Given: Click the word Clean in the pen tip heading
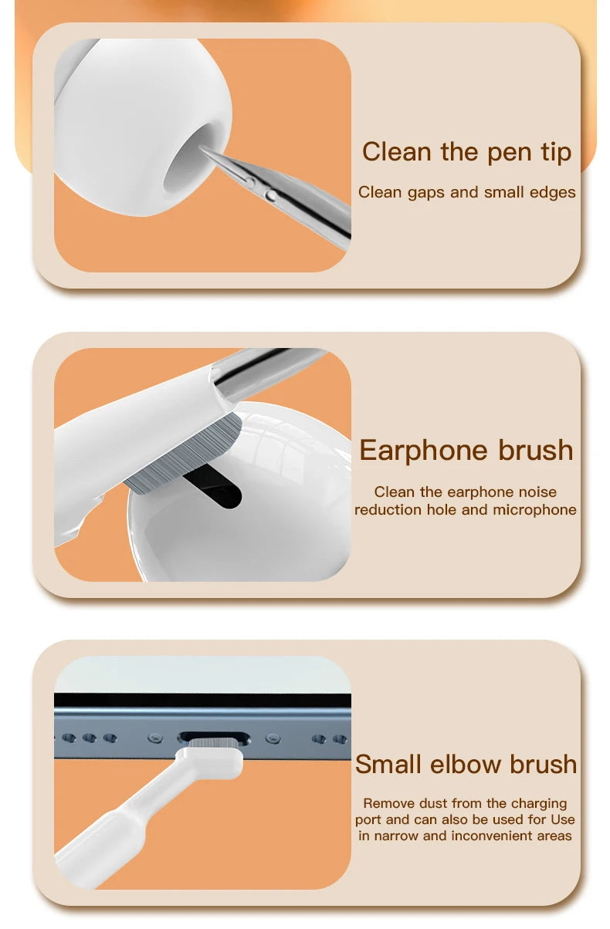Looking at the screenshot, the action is pos(397,151).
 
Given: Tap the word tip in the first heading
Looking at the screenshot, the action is pos(556,153).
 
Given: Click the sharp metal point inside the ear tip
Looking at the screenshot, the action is pos(202,147).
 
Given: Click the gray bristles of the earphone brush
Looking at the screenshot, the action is pos(182,454).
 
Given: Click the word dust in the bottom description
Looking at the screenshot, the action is pos(434,803).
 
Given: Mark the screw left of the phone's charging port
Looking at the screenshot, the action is pos(155,738).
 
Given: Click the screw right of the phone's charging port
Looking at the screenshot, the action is pos(273,738).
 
